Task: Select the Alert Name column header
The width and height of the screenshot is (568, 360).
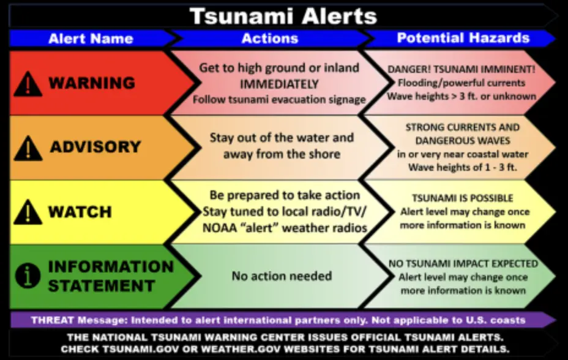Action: click(x=90, y=39)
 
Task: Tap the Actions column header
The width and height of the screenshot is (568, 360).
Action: click(x=269, y=39)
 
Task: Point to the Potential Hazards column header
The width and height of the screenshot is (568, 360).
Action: click(x=463, y=38)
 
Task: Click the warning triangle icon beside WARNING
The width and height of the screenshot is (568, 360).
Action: click(x=28, y=83)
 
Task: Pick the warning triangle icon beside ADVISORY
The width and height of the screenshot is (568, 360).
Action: click(x=28, y=148)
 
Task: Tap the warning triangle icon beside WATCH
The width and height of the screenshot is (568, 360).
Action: click(x=28, y=212)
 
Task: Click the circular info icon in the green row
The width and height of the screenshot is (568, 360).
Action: click(x=28, y=277)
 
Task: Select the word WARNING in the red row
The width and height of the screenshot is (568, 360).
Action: click(x=92, y=83)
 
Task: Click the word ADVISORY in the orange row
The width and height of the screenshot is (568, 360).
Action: click(x=95, y=148)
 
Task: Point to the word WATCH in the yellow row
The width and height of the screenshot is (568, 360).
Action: click(x=80, y=212)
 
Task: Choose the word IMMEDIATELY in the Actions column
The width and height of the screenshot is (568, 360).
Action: click(x=279, y=84)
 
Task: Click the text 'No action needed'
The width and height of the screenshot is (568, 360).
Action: click(x=282, y=276)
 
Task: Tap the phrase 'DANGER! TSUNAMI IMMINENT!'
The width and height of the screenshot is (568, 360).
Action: click(x=461, y=69)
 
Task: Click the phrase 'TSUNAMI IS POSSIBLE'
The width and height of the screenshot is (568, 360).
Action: click(x=463, y=198)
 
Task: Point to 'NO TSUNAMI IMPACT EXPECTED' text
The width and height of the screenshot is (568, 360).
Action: click(x=463, y=264)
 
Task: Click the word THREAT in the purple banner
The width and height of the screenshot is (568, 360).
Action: click(x=51, y=320)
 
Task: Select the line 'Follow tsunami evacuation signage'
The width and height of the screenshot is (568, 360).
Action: click(x=279, y=99)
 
